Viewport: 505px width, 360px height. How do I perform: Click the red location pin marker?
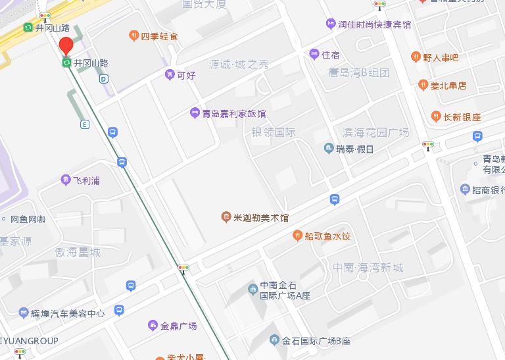click(x=66, y=45)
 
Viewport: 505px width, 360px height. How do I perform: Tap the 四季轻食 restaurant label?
click(x=159, y=36)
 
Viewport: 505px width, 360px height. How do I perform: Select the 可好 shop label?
click(x=186, y=75)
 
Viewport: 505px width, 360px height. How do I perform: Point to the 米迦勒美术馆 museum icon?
click(x=226, y=218)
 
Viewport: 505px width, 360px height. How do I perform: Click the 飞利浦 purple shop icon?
click(x=66, y=180)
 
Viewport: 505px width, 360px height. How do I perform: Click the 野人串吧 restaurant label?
click(x=441, y=57)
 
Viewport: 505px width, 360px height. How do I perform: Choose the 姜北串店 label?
click(x=448, y=85)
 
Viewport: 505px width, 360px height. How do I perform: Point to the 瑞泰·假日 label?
click(x=354, y=149)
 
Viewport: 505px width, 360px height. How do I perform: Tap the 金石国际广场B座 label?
click(x=316, y=341)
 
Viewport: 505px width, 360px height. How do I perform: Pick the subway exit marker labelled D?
click(x=103, y=79)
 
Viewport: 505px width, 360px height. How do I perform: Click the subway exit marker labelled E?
click(x=84, y=124)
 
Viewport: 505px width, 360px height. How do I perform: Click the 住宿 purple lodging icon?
click(x=313, y=55)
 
